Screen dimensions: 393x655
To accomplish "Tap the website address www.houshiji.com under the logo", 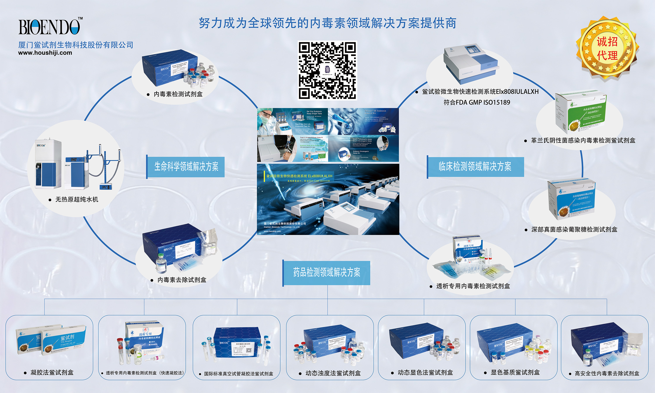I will [x=45, y=53].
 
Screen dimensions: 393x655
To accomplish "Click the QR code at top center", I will [x=327, y=71].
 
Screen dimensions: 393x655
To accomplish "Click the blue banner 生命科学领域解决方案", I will [x=186, y=167].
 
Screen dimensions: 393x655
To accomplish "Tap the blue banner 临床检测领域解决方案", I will [x=475, y=167].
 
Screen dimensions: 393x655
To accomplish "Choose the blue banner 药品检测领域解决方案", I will [x=326, y=272].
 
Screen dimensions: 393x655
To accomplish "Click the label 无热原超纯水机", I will [x=76, y=199].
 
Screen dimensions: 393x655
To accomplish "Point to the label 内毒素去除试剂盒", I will [x=182, y=280].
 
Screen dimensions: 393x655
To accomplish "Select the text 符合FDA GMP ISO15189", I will [x=477, y=102].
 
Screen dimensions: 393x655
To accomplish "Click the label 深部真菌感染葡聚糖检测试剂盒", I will [x=574, y=230].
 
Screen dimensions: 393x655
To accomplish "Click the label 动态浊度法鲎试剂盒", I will [x=333, y=373].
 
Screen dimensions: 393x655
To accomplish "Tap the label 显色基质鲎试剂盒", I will [x=515, y=372].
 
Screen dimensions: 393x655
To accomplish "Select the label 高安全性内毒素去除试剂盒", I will [x=607, y=373].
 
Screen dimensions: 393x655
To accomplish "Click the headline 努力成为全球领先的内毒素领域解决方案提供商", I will [x=327, y=23].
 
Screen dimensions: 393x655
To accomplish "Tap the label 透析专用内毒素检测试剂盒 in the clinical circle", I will [x=473, y=286].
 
